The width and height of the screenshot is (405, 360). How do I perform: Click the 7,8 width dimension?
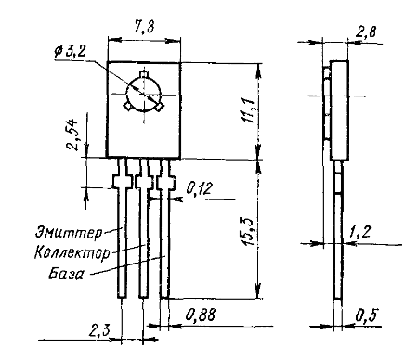(x=144, y=27)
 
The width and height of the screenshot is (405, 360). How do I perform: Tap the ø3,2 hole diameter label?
(x=70, y=51)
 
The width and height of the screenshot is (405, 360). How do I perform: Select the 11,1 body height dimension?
(x=248, y=110)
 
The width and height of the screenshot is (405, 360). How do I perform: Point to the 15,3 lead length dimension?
(x=248, y=231)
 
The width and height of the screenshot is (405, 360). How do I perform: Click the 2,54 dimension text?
(x=73, y=135)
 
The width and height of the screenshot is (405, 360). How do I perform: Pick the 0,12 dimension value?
(x=200, y=188)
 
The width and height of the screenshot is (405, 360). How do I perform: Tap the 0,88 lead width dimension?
(x=201, y=315)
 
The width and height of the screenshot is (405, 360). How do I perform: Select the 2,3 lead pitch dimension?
(x=99, y=331)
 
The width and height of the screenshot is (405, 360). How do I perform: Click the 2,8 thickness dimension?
(x=366, y=32)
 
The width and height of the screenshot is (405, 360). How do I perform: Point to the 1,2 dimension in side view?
(x=359, y=231)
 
